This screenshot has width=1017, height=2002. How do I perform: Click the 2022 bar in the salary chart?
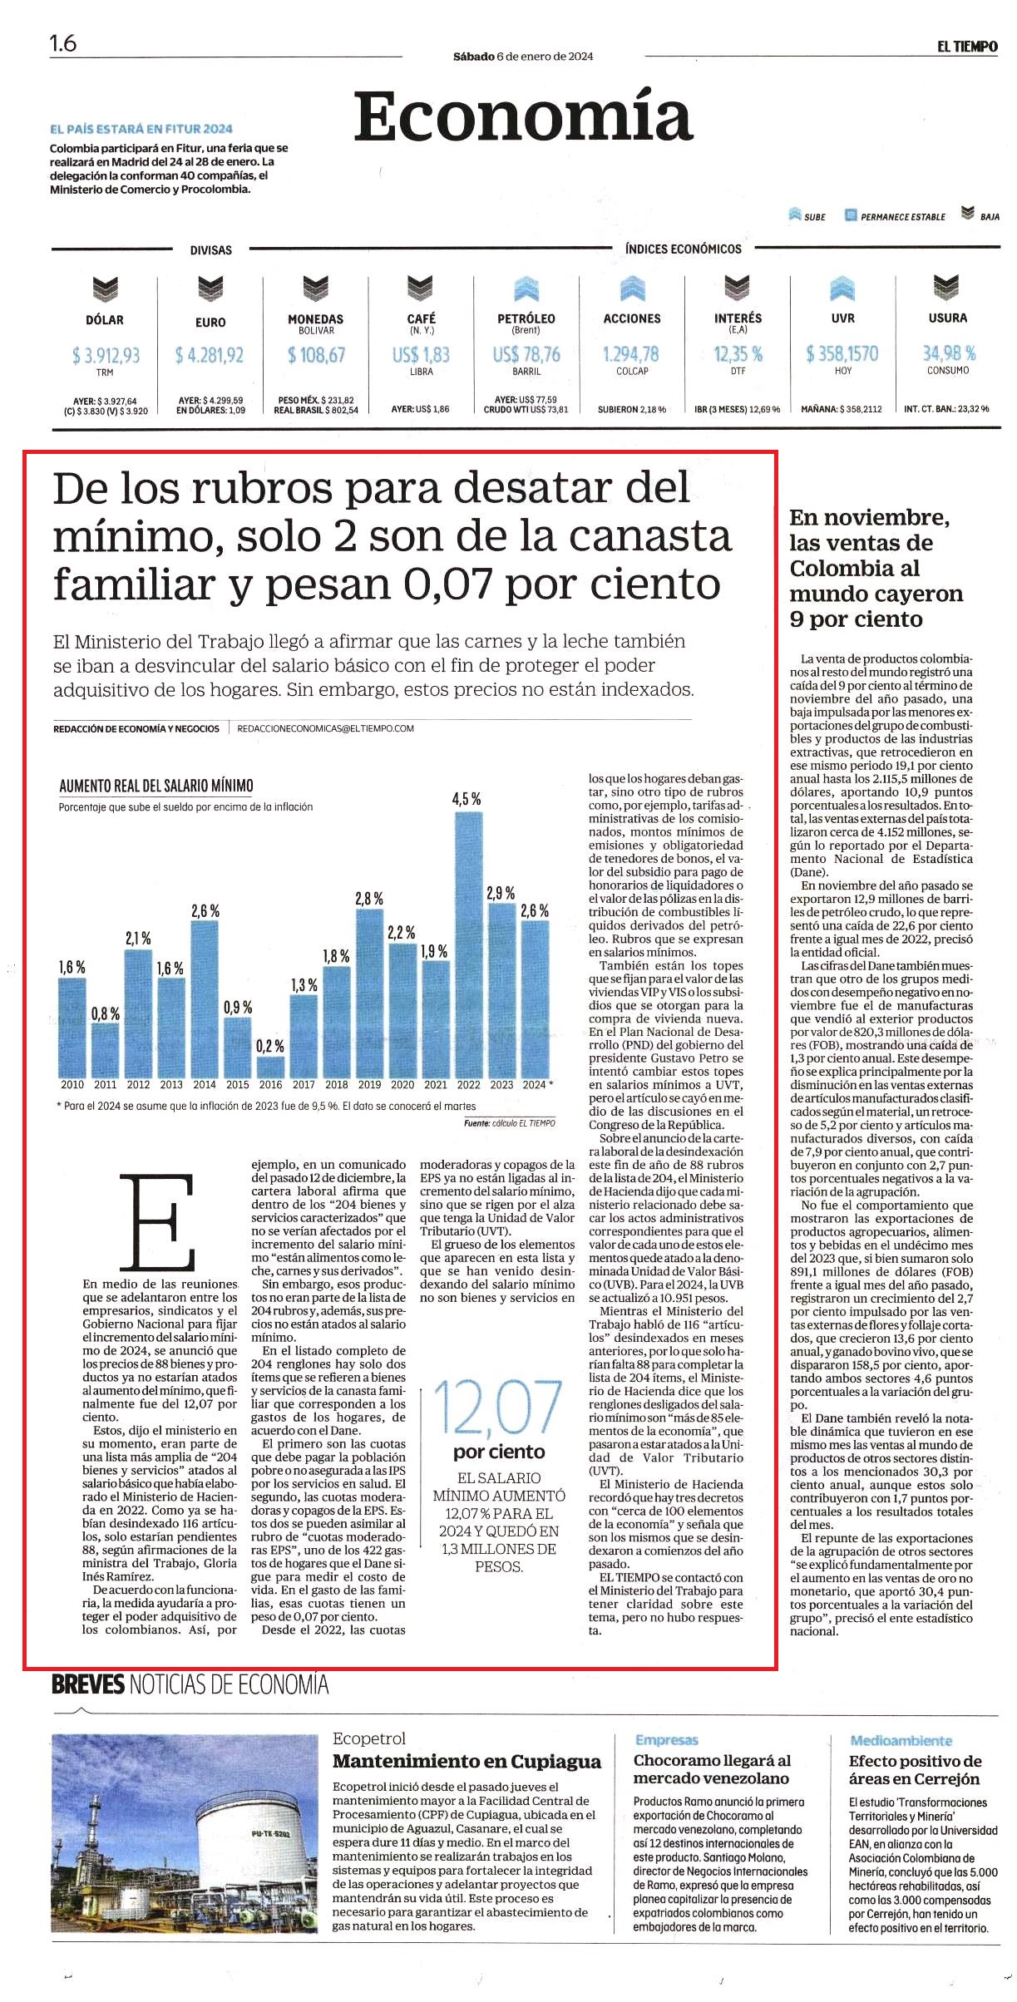click(x=469, y=944)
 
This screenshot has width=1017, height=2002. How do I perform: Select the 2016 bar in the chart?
click(x=270, y=1067)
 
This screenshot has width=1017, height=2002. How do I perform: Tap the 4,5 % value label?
click(x=467, y=799)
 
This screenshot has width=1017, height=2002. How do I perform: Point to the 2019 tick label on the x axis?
click(x=369, y=1084)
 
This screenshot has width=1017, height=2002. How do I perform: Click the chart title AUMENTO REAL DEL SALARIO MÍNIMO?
click(x=156, y=786)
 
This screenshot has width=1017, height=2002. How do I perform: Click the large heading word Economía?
click(x=523, y=117)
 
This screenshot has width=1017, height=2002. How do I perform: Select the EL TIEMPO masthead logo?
click(x=967, y=47)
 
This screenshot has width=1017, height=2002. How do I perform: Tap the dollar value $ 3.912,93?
click(x=106, y=356)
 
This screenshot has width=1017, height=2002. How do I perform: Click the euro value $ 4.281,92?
click(x=210, y=356)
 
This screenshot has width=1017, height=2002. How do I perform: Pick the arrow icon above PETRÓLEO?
click(x=526, y=288)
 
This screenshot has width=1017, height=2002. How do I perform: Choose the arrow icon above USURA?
click(x=946, y=287)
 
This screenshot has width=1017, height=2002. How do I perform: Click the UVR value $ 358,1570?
click(x=842, y=353)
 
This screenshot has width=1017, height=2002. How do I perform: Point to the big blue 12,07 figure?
click(x=497, y=1408)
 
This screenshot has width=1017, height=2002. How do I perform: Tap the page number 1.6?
click(x=63, y=43)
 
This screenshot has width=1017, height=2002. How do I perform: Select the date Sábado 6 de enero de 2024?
click(x=523, y=57)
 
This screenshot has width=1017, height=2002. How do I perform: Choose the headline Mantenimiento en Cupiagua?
click(x=467, y=1761)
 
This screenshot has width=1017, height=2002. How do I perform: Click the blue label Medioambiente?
click(x=901, y=1740)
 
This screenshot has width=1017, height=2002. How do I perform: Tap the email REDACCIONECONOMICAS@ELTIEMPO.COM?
click(x=325, y=728)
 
